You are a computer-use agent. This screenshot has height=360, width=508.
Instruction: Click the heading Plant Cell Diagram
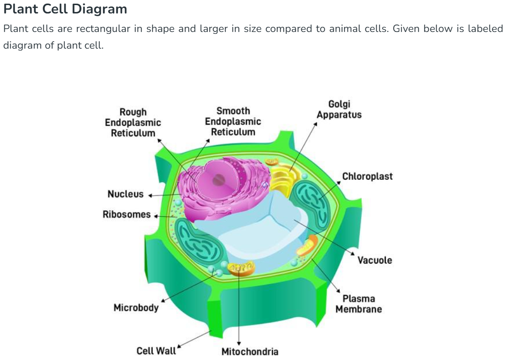(65, 9)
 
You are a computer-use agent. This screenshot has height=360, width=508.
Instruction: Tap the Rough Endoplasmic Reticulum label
(133, 122)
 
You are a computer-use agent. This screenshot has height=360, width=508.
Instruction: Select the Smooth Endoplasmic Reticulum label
(233, 121)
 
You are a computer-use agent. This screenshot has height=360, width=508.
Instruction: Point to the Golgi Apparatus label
(339, 109)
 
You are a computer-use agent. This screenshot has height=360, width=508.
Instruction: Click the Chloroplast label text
(367, 177)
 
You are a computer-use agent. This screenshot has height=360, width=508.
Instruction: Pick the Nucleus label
(125, 194)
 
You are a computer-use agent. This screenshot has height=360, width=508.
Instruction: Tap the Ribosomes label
(126, 215)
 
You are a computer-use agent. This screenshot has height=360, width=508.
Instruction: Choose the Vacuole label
(375, 260)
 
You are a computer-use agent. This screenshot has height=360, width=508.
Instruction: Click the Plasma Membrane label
(359, 304)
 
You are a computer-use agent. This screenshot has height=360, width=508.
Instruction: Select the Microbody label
(136, 308)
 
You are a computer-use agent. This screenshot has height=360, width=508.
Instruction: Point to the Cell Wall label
(156, 351)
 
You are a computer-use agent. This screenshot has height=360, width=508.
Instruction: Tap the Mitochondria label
(250, 352)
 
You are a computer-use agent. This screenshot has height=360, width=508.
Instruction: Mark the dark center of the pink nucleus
(219, 180)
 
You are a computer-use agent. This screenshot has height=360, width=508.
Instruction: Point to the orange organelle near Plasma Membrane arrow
(307, 246)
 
